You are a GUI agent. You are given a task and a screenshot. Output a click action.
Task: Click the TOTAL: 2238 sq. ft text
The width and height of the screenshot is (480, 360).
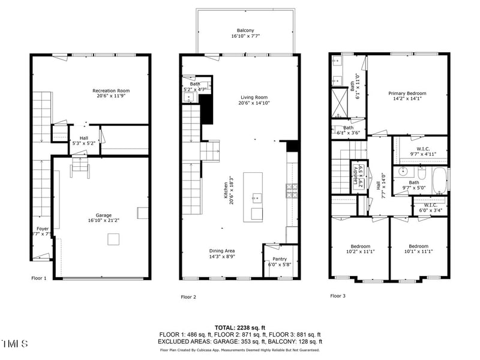coord(240,327)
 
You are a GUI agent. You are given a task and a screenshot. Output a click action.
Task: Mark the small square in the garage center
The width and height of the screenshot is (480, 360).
coord(112,239)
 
